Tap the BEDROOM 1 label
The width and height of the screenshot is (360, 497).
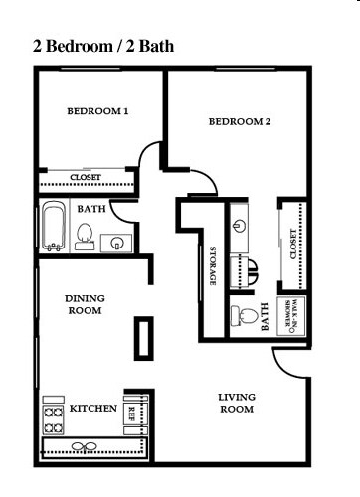[x=98, y=111]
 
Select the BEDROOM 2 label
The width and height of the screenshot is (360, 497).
[x=240, y=122]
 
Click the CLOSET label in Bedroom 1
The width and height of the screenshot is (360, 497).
[x=86, y=178]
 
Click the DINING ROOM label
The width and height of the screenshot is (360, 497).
[x=85, y=304]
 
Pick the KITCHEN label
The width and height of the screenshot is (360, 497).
[x=93, y=409]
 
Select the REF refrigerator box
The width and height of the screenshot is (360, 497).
[x=131, y=413]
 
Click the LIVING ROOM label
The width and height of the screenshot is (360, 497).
[x=236, y=403]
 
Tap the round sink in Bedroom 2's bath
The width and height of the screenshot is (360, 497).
[x=239, y=225]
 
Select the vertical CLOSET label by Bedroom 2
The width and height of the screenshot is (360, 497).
[x=292, y=244]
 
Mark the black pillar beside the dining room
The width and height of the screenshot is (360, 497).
[x=145, y=338]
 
